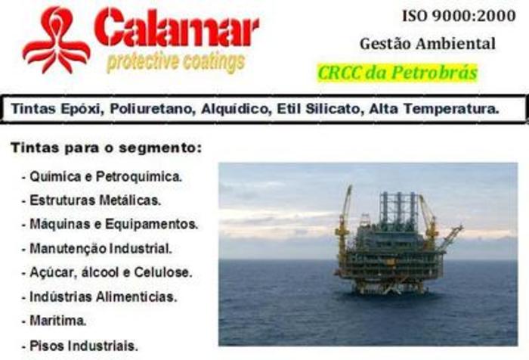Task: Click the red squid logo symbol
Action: [x=57, y=41]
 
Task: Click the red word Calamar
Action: [x=176, y=28]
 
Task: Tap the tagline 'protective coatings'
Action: [x=175, y=63]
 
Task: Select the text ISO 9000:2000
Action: [x=459, y=16]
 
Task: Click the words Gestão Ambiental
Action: [x=428, y=44]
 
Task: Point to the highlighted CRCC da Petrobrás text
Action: [x=398, y=73]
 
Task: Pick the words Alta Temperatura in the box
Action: [x=434, y=109]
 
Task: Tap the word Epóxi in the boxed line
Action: [x=82, y=109]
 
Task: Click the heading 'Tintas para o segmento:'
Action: [x=107, y=148]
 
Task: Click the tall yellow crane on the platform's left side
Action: [x=344, y=223]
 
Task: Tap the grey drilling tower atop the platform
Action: [x=398, y=209]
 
